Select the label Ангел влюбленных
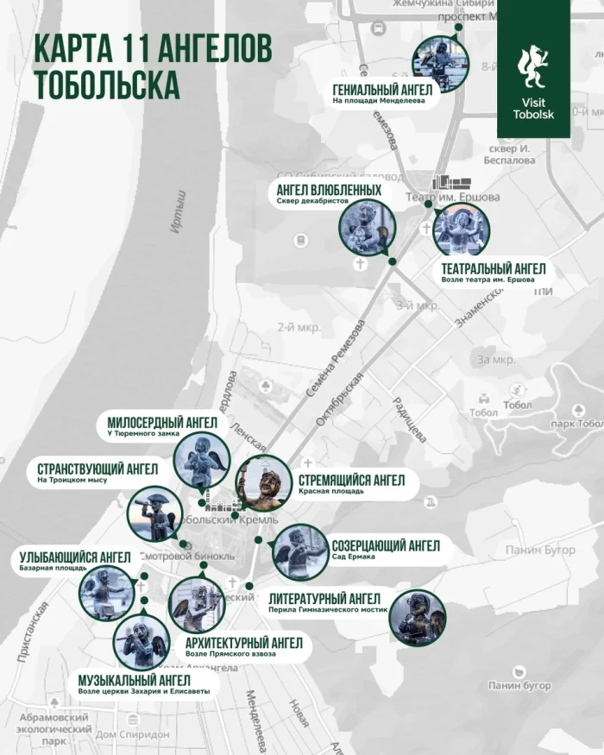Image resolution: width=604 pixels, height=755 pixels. pos(329,190)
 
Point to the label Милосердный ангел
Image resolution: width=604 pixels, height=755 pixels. pos(162,422)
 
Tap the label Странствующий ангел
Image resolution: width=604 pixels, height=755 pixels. pos(97,469)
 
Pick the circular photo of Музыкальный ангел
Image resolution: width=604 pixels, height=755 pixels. pos(142,643)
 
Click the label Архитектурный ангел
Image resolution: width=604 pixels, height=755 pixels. pos(244,643)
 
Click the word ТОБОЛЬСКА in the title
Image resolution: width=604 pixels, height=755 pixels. pos(108,85)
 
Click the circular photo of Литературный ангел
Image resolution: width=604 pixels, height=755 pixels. pos(417,617)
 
